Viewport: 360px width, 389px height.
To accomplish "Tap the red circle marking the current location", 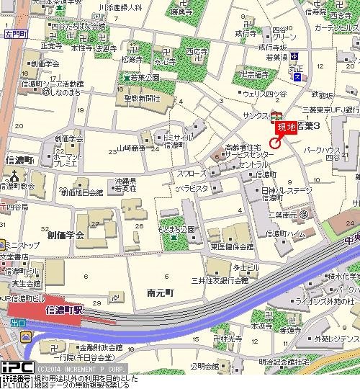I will pos(274,141).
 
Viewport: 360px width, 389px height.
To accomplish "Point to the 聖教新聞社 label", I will pos(145,97).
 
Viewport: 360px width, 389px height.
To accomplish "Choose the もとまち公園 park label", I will pos(178,228).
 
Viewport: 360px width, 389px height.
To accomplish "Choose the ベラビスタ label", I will pos(193,188).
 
